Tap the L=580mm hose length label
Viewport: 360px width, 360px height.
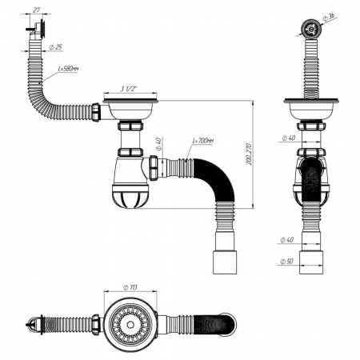point(70,70)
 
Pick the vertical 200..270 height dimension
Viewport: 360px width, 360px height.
point(250,159)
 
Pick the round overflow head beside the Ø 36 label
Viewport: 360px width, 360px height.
point(307,26)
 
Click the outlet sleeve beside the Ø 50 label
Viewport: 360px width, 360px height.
point(308,262)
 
